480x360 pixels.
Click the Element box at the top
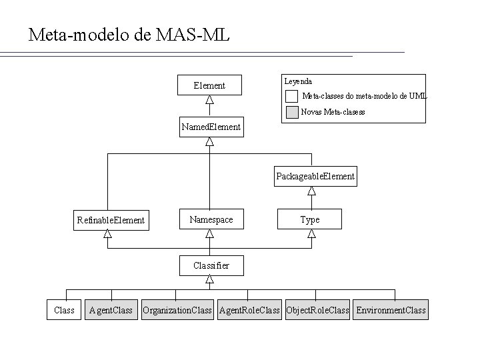[209, 85]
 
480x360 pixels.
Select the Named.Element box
[210, 127]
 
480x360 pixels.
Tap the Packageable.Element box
[315, 177]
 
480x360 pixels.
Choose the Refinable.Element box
[111, 219]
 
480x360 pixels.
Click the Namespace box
[211, 219]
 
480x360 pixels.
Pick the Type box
[310, 219]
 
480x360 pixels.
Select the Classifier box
[211, 265]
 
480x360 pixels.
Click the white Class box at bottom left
[64, 310]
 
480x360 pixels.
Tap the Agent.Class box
[111, 310]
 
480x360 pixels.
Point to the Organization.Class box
[177, 310]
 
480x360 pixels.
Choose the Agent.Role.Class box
[250, 310]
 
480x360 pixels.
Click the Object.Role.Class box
[317, 310]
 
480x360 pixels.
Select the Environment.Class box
[391, 310]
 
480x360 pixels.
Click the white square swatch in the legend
[291, 96]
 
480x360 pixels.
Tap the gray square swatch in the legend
[291, 112]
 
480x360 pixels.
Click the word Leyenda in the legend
[298, 81]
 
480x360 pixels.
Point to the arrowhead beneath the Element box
[209, 100]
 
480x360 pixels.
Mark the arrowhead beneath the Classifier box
[209, 280]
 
